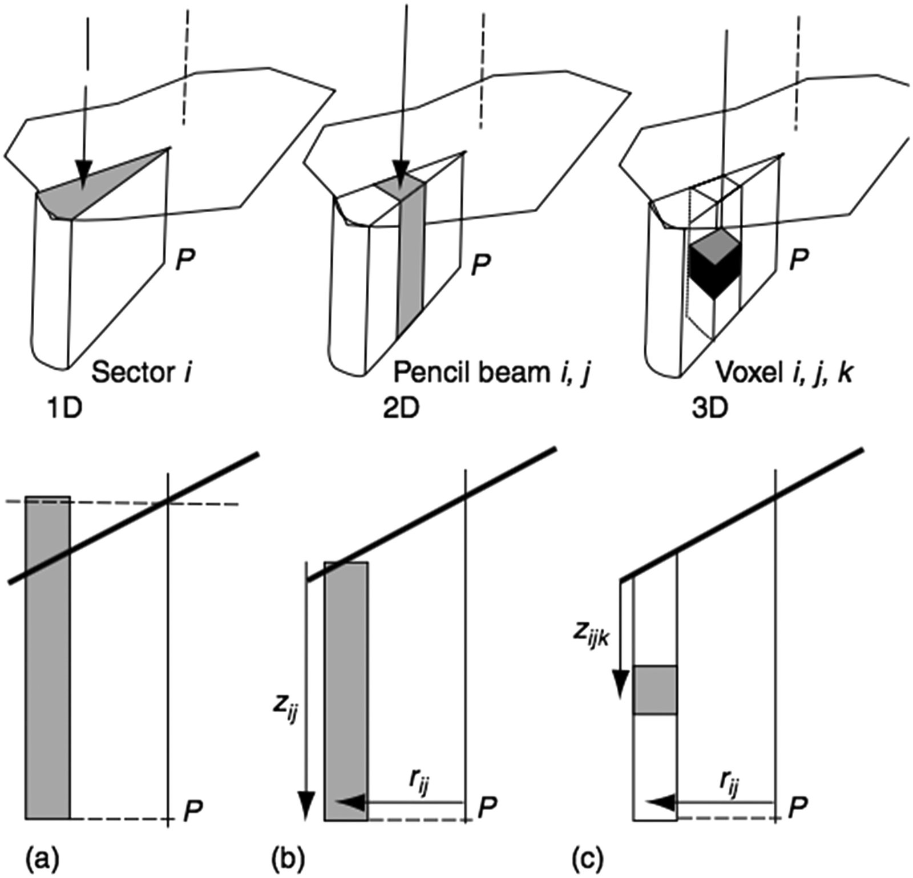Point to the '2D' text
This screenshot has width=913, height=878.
401,409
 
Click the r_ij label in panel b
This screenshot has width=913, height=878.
421,789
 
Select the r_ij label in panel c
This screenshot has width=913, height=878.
728,789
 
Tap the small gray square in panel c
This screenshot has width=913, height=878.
655,689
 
